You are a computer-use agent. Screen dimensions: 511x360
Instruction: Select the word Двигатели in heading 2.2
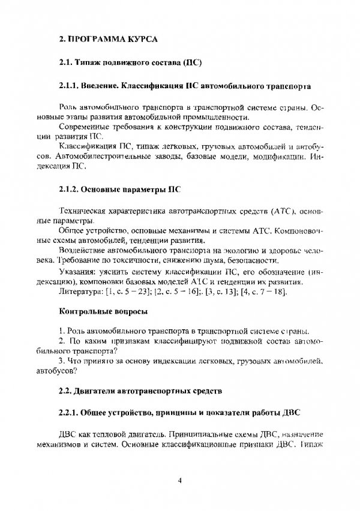(x=97, y=392)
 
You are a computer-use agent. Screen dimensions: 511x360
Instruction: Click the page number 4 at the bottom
(x=180, y=480)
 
